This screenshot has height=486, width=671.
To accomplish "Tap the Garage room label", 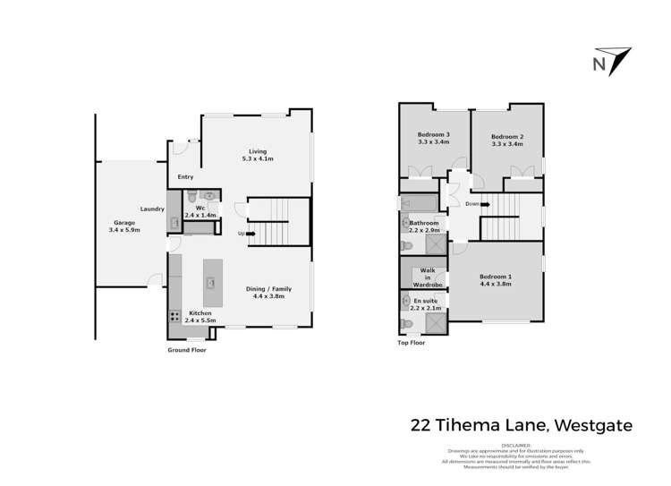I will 123,223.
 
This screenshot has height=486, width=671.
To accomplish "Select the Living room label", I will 257,151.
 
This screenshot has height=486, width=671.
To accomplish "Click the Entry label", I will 185,176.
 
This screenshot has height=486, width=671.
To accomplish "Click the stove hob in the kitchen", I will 173,317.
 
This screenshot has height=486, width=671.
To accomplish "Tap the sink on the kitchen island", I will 212,284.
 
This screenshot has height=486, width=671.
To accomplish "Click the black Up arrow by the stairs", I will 242,234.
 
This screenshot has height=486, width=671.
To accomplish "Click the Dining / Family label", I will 269,289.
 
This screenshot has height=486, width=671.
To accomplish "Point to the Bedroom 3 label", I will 433,134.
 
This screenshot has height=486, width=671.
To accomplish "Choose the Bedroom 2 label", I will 506,137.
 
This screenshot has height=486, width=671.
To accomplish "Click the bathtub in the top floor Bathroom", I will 418,201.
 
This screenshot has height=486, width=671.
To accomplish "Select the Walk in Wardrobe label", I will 428,277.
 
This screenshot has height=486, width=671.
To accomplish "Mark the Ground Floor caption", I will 188,350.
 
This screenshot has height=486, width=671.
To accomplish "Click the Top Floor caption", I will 412,343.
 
